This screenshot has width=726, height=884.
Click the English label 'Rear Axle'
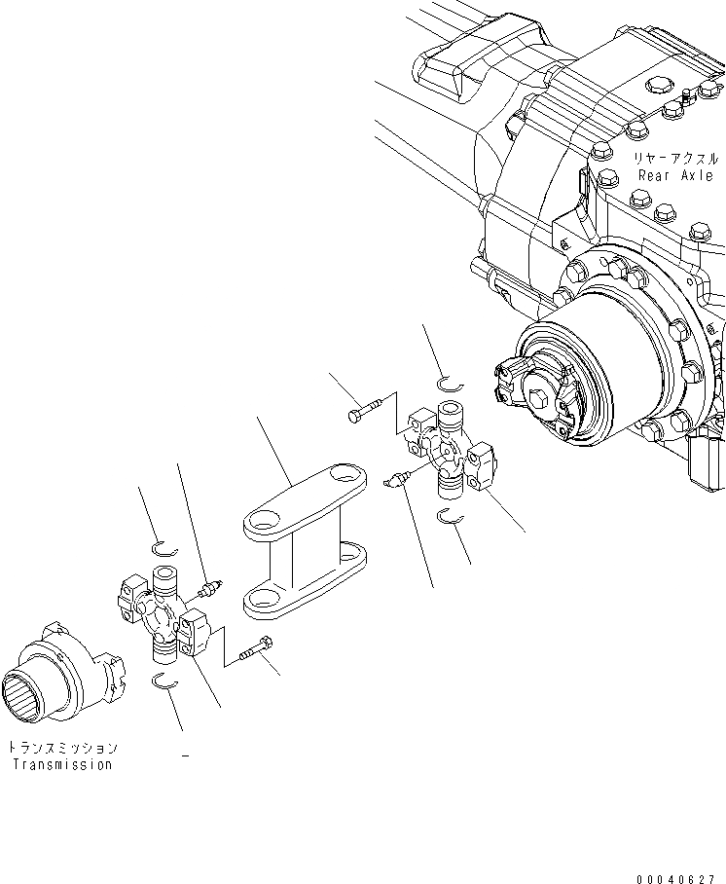677,175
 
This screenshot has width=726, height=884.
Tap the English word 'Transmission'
61,764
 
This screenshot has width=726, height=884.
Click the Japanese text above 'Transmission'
62,748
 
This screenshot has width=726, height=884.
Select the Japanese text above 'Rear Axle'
677,158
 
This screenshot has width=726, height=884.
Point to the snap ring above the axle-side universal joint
449,384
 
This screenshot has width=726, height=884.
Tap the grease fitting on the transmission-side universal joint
210,587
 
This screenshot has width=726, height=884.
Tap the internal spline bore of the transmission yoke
36,692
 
